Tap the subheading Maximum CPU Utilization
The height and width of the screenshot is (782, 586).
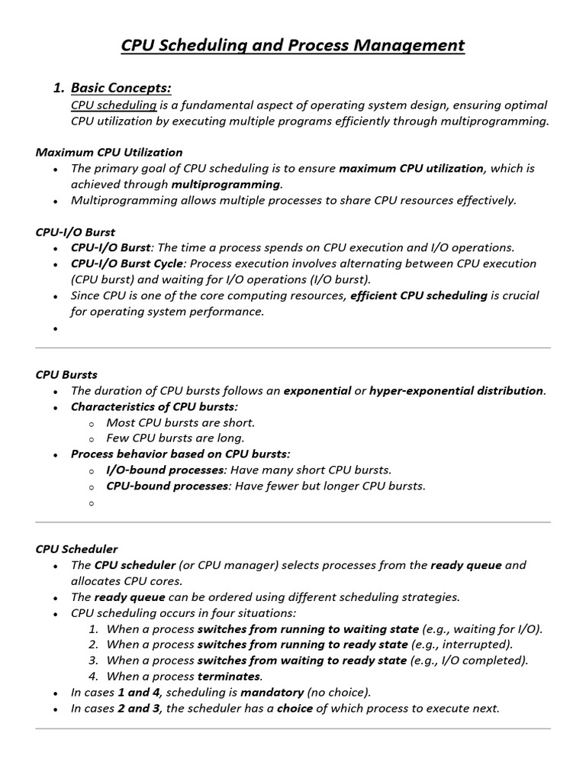coord(109,152)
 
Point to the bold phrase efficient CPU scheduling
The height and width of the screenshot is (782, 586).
coord(419,296)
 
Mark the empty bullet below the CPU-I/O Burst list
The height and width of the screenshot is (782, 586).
coord(56,328)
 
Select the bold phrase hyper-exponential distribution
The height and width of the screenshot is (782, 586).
coord(456,390)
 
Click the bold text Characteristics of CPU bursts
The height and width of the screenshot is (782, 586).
coord(154,406)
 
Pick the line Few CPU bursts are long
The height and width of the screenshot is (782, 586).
coord(175,438)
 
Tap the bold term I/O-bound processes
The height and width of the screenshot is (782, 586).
coord(166,470)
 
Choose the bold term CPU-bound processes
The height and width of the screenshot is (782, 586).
coord(167,486)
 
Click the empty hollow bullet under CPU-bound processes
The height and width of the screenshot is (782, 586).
coord(91,503)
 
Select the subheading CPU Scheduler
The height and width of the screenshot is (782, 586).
coord(77,549)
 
